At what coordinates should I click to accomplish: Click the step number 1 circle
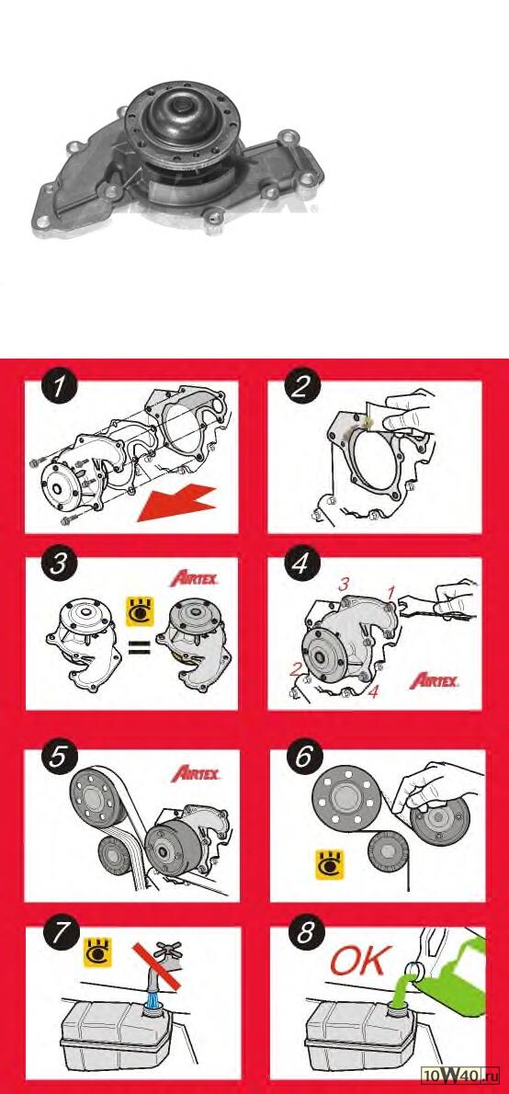59,388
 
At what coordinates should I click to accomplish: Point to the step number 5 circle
59,758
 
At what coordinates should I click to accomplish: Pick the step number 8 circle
304,936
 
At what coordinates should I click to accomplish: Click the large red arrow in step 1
177,499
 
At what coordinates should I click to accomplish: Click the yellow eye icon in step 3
139,610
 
